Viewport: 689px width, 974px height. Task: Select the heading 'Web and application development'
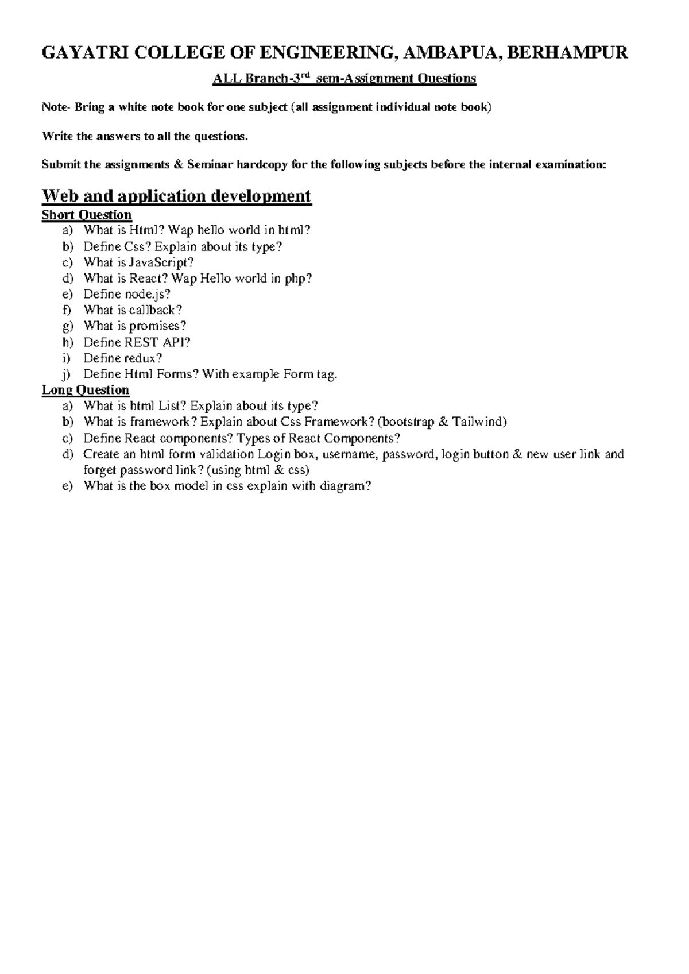(176, 196)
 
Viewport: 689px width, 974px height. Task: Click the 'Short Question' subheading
(87, 215)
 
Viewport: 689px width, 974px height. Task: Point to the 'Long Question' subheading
(86, 390)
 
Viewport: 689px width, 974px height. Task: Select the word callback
(154, 310)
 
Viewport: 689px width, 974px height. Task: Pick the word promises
(157, 326)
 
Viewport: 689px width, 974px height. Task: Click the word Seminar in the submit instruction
(210, 165)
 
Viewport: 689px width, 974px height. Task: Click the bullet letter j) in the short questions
(69, 374)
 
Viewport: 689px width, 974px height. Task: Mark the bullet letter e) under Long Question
(68, 486)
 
